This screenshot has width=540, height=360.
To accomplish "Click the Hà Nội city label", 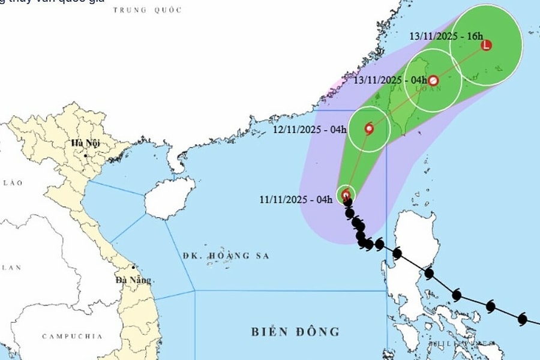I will click(85, 143).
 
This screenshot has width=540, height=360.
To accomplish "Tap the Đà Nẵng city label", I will click(134, 280).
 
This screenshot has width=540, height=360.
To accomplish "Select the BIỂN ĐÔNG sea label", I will click(295, 331).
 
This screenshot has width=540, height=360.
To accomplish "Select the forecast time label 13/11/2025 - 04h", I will click(390, 80).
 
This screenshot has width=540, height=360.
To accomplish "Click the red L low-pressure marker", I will click(486, 45).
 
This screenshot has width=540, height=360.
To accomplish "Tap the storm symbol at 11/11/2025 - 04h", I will click(346, 194).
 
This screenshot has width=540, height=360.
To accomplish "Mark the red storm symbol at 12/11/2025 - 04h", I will click(368, 128).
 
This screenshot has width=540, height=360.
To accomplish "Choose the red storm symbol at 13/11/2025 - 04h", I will click(433, 80).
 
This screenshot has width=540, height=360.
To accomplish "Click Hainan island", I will click(170, 198).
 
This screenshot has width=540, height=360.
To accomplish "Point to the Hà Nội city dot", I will click(86, 155).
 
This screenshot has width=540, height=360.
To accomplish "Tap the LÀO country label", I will click(11, 182).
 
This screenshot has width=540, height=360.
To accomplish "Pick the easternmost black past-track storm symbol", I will click(522, 320).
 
